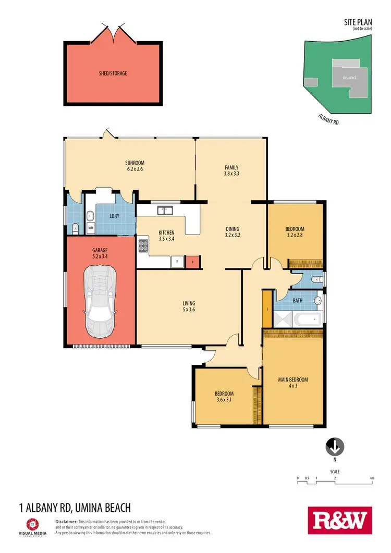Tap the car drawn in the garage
click(100, 301)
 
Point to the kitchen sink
click(166, 211)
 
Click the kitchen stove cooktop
click(143, 245)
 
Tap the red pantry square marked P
click(193, 262)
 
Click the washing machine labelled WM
click(91, 228)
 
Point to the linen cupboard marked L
click(267, 309)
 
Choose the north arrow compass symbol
click(335, 446)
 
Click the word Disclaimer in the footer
click(66, 521)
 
